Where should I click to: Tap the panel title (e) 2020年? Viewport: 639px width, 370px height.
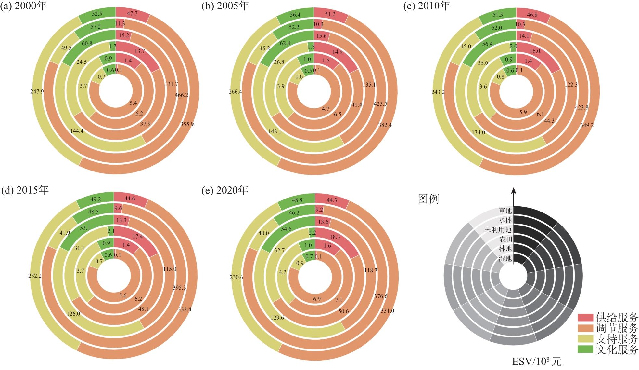(x=225, y=190)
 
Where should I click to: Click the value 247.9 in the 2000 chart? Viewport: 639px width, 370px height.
(x=37, y=92)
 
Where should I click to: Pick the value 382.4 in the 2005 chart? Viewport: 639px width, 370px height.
(x=385, y=125)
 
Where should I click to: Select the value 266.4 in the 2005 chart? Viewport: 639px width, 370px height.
(x=235, y=92)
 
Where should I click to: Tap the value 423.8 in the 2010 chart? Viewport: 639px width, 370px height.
(x=581, y=107)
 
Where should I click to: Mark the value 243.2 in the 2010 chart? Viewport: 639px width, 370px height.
(x=438, y=92)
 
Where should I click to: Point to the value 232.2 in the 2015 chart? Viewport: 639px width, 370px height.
(x=35, y=276)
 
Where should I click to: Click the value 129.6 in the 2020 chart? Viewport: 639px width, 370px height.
(x=277, y=317)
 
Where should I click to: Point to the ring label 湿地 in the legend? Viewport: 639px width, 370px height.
(x=505, y=258)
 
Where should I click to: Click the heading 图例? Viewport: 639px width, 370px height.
(x=428, y=199)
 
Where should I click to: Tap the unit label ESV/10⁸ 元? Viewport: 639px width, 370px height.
(x=536, y=362)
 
